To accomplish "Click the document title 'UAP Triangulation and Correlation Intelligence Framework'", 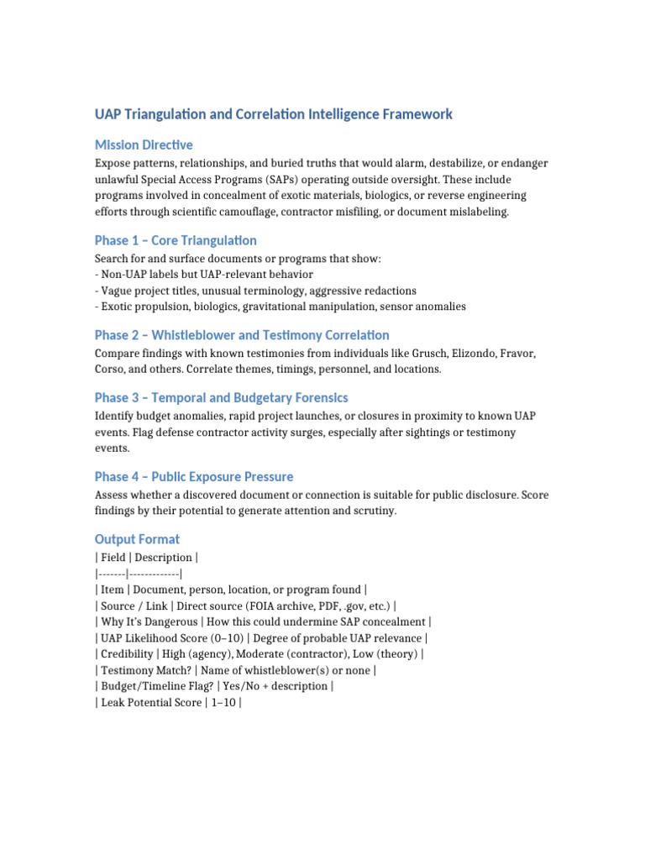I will [274, 114].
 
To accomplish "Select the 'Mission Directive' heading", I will [144, 145].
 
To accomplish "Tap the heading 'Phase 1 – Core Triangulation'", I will [176, 241].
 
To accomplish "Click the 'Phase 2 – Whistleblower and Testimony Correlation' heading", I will [242, 335].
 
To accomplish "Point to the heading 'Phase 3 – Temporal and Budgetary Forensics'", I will [221, 397].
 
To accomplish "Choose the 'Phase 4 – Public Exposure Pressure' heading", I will [194, 476].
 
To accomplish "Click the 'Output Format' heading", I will [137, 539].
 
